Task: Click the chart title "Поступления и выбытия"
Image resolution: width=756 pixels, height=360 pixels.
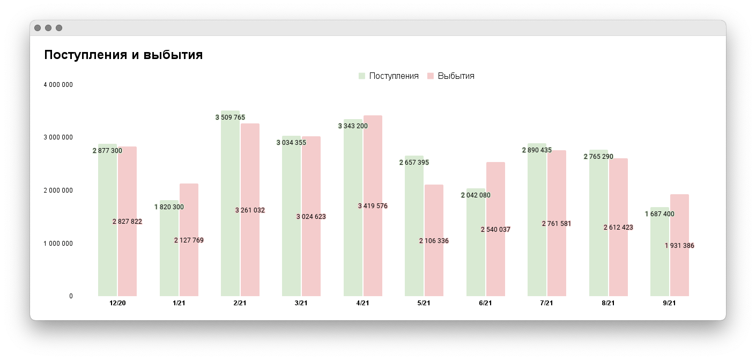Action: click(x=123, y=55)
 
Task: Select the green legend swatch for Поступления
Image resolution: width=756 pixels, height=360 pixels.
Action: click(x=362, y=76)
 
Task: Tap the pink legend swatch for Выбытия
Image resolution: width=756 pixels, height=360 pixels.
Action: click(x=430, y=76)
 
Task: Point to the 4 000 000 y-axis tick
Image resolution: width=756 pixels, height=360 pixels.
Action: click(x=58, y=85)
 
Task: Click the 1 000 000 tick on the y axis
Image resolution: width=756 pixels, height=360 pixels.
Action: click(x=58, y=244)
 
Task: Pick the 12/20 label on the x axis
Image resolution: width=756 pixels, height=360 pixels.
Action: click(x=117, y=303)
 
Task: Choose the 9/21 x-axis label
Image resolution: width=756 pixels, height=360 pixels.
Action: click(x=669, y=303)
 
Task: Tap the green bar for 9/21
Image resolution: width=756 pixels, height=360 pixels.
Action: click(x=659, y=258)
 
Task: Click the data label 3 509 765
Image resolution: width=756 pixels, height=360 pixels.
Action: click(x=230, y=117)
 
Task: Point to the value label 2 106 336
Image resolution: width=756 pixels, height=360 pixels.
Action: click(x=434, y=241)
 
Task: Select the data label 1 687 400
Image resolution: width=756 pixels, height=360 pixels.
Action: click(x=659, y=214)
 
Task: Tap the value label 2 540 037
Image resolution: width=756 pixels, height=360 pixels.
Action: click(x=495, y=230)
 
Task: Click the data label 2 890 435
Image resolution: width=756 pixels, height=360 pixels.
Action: click(x=537, y=150)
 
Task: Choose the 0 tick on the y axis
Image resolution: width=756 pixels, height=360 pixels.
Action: click(x=71, y=296)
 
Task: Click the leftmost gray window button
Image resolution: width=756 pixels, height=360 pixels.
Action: click(x=38, y=28)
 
